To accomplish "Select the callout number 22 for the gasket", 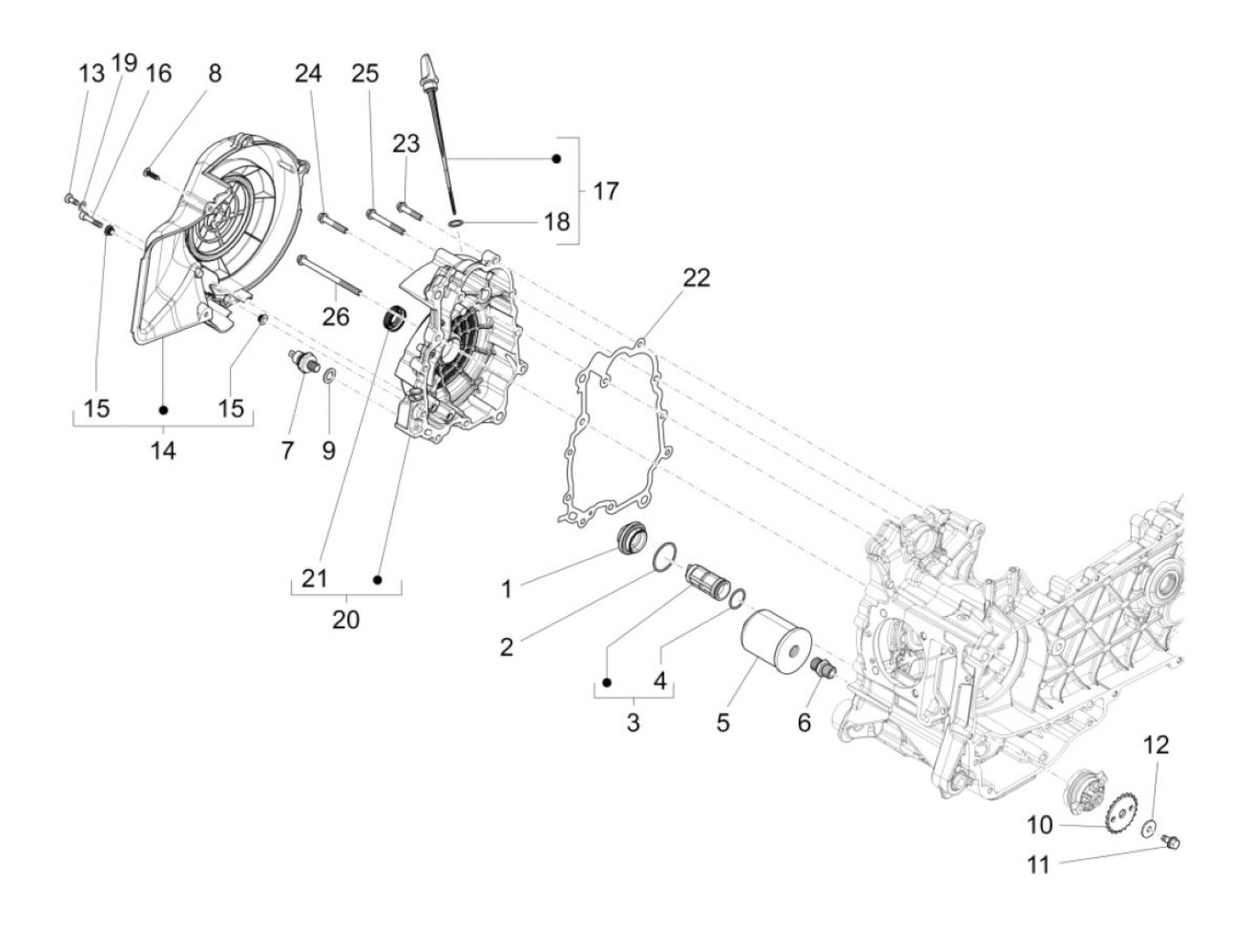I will point(695,278).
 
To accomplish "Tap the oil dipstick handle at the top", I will point(427,68).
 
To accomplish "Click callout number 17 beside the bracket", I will point(606,190).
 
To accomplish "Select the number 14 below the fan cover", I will point(163,450).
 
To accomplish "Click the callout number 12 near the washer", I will point(1156,745).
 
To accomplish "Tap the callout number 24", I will point(308,73).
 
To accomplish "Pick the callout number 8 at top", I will point(215,73).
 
